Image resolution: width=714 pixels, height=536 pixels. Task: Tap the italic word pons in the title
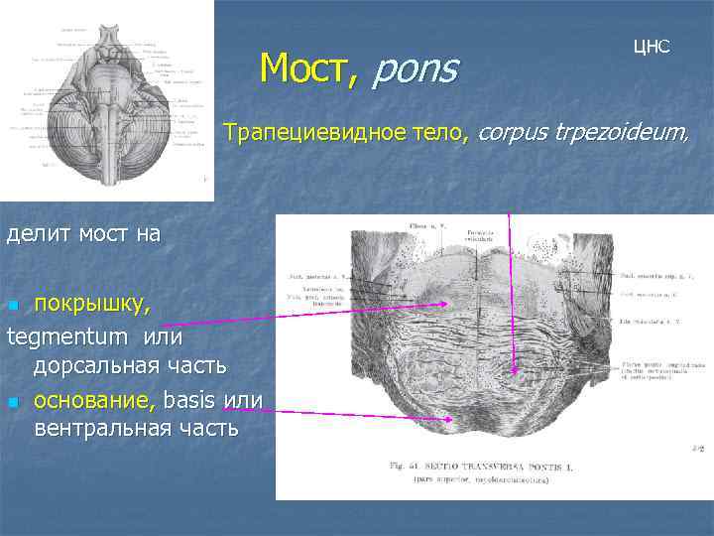pos(416,69)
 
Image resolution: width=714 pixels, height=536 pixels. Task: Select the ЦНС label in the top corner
pos(653,47)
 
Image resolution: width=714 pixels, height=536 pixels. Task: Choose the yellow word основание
pos(95,400)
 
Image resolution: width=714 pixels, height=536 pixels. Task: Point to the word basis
pos(191,400)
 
